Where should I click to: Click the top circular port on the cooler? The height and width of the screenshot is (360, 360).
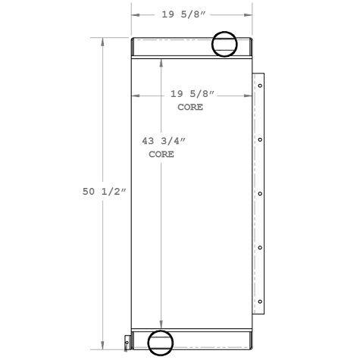[224, 44]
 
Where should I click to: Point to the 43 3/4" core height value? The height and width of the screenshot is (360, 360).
[164, 141]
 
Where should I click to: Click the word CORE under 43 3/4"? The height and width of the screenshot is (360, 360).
[161, 154]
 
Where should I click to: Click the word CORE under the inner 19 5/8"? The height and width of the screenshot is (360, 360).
[190, 107]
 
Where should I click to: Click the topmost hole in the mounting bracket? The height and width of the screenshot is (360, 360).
[260, 85]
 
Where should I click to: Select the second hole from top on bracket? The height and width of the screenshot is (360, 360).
[260, 139]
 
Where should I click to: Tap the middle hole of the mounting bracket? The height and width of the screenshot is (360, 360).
[260, 193]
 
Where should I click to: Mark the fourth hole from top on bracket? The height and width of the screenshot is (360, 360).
[260, 248]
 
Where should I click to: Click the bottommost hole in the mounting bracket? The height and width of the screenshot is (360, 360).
[260, 302]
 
